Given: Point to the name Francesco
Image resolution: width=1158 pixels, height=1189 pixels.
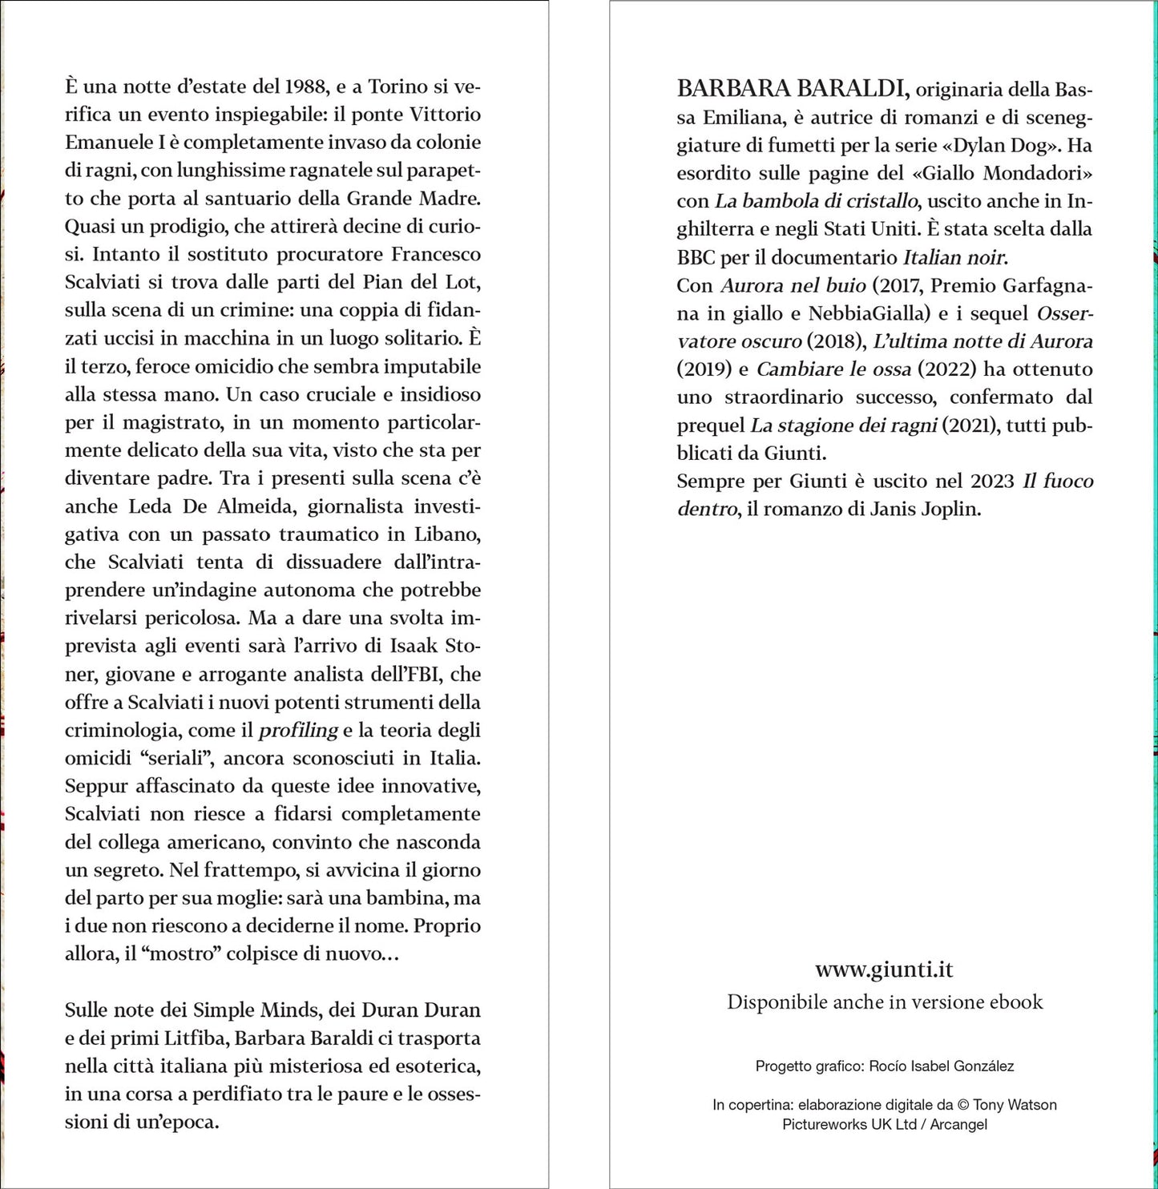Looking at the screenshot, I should (436, 255).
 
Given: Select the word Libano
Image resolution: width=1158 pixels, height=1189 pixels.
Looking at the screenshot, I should (446, 534).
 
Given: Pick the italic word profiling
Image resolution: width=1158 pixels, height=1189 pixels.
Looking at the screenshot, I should (298, 730).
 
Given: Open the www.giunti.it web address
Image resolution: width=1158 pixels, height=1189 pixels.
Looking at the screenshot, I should (884, 969).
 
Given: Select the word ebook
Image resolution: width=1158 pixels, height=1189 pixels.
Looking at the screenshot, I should (1015, 1002).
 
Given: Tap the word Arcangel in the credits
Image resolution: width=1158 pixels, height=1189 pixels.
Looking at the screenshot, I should (958, 1124).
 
